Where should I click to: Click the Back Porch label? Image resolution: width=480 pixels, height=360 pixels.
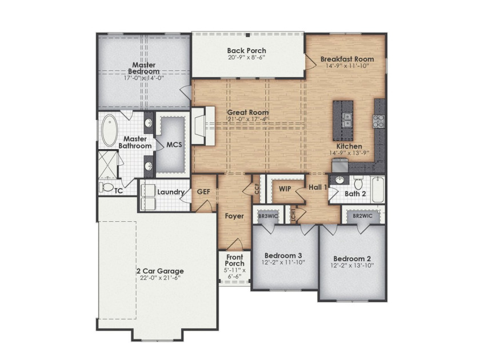click(x=246, y=50)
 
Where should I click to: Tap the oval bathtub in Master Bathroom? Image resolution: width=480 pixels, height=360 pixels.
click(x=109, y=130)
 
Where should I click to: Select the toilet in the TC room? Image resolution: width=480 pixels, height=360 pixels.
click(x=106, y=187)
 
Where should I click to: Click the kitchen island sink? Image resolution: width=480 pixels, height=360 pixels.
click(x=347, y=120)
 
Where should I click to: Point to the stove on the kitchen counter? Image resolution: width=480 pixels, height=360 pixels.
click(x=378, y=121)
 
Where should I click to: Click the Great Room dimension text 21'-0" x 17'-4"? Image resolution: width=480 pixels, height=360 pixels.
click(x=247, y=119)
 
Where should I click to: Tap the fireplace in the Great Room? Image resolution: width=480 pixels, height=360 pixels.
click(x=203, y=126)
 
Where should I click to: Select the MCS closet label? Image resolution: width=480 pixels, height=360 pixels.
click(x=174, y=145)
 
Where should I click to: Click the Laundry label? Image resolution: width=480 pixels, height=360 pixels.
click(x=171, y=192)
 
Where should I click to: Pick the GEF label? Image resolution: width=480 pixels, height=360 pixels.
click(x=203, y=191)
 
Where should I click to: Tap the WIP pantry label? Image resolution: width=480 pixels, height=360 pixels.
click(x=285, y=189)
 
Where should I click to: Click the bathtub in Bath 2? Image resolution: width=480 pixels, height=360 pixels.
click(x=378, y=189)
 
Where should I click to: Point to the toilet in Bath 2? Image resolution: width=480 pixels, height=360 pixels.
click(x=358, y=183)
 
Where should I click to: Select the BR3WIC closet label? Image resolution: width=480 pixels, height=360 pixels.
click(x=268, y=216)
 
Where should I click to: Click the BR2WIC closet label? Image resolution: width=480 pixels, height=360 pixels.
click(x=363, y=216)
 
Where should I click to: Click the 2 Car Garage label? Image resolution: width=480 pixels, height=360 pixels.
click(x=160, y=271)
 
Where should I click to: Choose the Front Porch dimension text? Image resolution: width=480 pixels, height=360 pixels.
click(x=235, y=273)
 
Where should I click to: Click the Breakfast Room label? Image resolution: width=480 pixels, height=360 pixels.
click(x=347, y=59)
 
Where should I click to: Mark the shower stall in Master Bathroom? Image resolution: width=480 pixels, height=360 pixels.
click(x=108, y=165)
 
